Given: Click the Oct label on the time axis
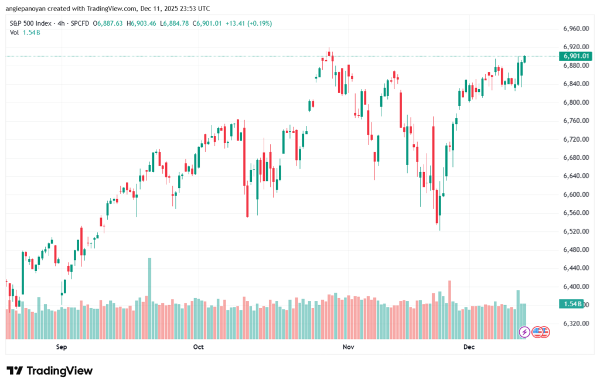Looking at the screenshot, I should (x=198, y=347).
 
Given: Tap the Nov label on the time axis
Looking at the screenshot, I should (x=349, y=347).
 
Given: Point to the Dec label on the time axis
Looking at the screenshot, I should (x=468, y=347).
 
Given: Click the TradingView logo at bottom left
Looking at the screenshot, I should (x=50, y=371).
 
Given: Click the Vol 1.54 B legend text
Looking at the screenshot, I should (x=25, y=32).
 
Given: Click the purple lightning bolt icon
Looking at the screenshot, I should (x=525, y=332).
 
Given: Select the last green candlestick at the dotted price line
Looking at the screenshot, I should (x=525, y=59).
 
